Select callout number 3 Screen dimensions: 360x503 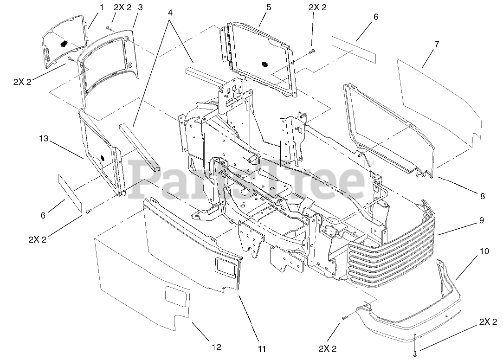click(x=140, y=7)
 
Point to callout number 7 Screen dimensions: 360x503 click(x=436, y=45)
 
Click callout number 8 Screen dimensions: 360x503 click(x=483, y=196)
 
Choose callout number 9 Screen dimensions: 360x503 click(x=483, y=220)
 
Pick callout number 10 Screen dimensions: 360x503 click(x=484, y=252)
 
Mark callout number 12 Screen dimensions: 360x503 click(x=216, y=347)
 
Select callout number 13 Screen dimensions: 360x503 click(x=44, y=138)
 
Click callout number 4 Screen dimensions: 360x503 click(x=170, y=13)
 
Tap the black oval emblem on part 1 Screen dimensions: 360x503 click(x=64, y=43)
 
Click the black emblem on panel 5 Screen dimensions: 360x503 click(x=265, y=63)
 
